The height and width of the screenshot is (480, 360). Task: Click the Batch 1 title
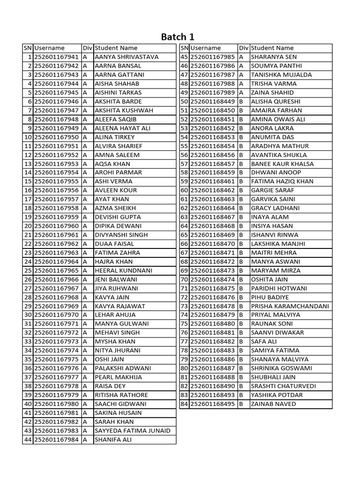178,37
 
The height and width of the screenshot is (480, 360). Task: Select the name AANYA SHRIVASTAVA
127,57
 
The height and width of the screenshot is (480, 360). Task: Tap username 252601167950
57,137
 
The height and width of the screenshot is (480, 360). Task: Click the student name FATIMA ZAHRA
114,253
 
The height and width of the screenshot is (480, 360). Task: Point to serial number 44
28,439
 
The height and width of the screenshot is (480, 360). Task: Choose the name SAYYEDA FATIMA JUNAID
133,430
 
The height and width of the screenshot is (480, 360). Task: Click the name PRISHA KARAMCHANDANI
290,306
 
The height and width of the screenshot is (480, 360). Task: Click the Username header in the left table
49,48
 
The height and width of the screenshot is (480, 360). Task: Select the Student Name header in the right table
272,48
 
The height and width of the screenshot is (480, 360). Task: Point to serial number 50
184,101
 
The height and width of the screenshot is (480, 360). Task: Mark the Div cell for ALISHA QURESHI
241,101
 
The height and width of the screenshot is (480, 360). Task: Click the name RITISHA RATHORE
121,395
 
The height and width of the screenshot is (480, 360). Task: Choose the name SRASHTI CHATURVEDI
283,386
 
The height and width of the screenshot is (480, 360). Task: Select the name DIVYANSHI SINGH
121,235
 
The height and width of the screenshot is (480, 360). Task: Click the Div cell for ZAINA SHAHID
241,92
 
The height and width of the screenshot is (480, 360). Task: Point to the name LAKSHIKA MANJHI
278,244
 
